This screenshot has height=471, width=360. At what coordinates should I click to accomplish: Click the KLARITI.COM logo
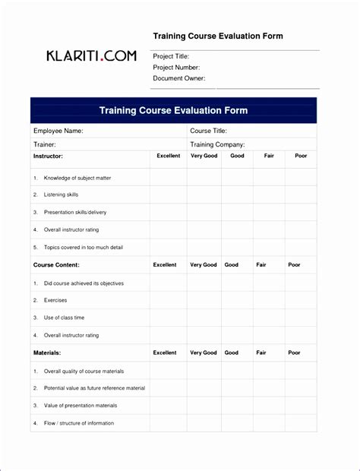point(91,56)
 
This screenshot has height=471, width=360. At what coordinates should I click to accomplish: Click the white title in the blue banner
point(173,111)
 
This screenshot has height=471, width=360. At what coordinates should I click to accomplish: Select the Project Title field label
point(171,57)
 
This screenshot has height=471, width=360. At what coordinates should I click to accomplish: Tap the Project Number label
point(176,68)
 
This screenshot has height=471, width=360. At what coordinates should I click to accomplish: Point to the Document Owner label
point(178,78)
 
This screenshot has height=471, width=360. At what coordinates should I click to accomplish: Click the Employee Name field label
point(58,131)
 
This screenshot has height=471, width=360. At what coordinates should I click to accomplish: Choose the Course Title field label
point(209,131)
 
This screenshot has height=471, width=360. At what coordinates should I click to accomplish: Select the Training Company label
point(217,144)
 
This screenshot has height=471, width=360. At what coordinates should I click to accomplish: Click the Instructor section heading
point(48,156)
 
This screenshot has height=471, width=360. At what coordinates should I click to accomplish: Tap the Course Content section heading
point(56,265)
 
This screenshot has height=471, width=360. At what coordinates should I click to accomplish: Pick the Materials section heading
point(47,353)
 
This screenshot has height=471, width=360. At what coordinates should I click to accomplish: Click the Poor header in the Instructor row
point(301,156)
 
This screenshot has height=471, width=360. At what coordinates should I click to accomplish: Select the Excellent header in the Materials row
point(165,353)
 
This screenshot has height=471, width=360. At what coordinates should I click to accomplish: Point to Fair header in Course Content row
point(261,265)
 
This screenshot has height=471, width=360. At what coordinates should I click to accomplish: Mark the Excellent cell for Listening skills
point(168,195)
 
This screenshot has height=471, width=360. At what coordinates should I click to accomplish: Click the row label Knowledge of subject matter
point(77,178)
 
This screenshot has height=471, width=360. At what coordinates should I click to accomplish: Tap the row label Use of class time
point(64,318)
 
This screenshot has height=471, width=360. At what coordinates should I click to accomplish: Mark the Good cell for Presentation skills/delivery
point(237,213)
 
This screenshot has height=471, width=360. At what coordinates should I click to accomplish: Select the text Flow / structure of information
point(78,423)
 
